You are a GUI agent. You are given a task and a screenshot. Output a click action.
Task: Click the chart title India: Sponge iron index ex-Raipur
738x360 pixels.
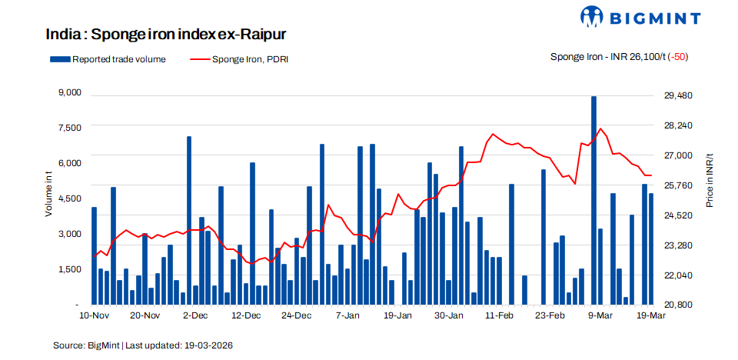tap(166, 35)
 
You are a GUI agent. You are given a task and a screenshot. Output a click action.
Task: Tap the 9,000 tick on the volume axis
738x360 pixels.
tap(69, 93)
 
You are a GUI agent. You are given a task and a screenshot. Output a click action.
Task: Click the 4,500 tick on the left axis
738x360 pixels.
tap(69, 198)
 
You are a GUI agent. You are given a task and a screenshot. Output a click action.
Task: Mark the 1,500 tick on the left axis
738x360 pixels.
tap(69, 269)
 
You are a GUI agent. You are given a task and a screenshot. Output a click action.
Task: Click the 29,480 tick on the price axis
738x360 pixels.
tap(678, 95)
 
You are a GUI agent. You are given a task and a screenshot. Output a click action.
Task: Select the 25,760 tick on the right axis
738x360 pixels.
tap(678, 185)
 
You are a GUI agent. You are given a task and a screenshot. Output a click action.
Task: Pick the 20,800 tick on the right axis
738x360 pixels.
tap(678, 305)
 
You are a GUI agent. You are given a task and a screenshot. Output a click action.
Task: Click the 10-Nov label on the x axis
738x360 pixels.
tap(94, 315)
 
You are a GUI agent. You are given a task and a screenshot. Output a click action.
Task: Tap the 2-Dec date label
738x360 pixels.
tap(195, 315)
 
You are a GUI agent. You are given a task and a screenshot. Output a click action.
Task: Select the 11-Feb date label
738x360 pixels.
tap(500, 315)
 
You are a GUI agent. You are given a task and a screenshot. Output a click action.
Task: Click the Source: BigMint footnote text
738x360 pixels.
tap(143, 345)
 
